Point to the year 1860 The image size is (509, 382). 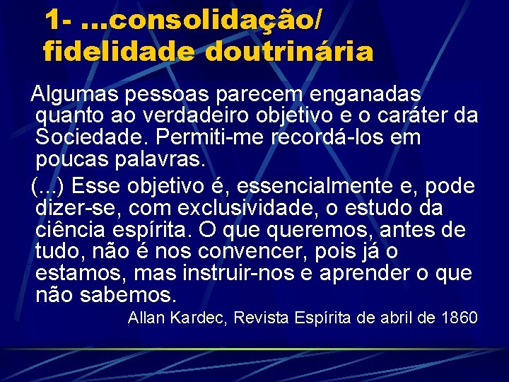pyautogui.click(x=458, y=318)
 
